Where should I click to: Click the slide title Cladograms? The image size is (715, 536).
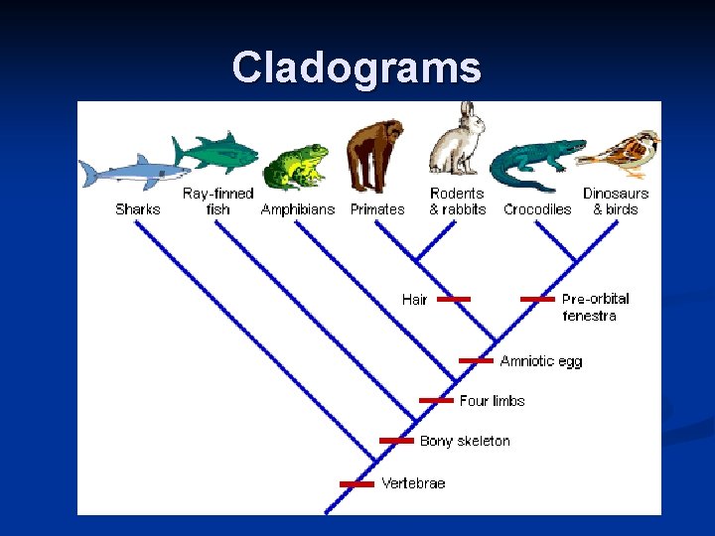pos(357,67)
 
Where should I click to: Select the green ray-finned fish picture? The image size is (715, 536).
pos(215,152)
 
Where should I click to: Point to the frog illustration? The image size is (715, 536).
pos(295,166)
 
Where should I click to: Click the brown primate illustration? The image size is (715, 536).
pos(374,154)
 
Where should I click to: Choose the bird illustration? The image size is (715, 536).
pos(622,150)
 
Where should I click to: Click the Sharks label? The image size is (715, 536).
pos(137,209)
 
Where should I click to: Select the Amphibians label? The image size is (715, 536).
pos(299,209)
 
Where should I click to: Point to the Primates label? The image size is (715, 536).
pos(377,209)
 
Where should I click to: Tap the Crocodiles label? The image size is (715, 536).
pos(537,209)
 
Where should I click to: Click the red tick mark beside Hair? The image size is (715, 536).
pos(453,298)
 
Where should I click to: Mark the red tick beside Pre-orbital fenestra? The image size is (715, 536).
pos(537,298)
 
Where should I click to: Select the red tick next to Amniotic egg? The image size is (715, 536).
pos(477,360)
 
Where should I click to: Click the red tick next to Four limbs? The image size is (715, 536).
pos(436,400)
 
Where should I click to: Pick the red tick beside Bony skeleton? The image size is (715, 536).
pos(396,440)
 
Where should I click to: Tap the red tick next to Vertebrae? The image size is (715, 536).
pos(357,483)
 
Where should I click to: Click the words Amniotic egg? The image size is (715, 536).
pos(541,361)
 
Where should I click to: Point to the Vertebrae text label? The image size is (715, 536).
pos(413,483)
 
